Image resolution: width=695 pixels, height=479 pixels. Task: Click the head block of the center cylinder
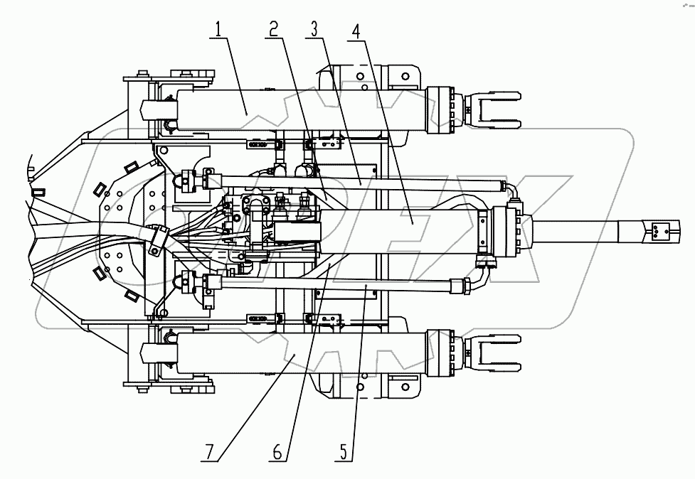[x=505, y=229]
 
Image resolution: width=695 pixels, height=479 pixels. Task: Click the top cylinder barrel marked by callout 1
[x=299, y=110]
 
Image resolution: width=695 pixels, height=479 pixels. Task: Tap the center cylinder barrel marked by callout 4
[x=398, y=229]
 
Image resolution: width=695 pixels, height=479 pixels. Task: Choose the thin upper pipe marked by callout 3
[x=356, y=183]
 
